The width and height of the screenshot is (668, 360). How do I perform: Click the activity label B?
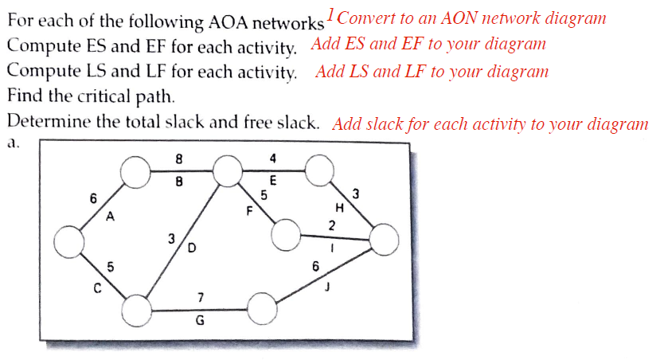(179, 181)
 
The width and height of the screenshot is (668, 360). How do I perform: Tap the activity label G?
(200, 321)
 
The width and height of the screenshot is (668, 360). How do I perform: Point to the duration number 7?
(201, 297)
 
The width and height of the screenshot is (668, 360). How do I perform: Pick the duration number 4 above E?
(273, 158)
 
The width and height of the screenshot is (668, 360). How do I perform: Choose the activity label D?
(191, 248)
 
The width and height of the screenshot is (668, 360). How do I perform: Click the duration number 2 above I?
(332, 225)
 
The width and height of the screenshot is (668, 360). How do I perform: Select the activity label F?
(248, 211)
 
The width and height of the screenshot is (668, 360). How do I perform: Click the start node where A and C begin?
(70, 241)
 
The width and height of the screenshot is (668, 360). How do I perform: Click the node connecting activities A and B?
(136, 170)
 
